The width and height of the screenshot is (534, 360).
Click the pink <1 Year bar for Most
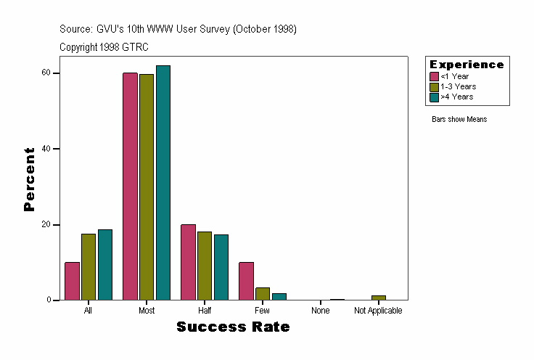[x=130, y=187]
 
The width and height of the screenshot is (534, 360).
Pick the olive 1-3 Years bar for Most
[x=147, y=187]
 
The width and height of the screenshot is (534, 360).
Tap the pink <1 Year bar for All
[x=72, y=281]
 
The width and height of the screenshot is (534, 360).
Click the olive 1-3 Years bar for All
[x=89, y=267]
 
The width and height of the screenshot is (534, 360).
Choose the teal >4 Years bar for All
[x=105, y=265]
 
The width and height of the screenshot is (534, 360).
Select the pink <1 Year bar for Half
[x=188, y=262]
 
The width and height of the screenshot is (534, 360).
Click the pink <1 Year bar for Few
[x=246, y=281]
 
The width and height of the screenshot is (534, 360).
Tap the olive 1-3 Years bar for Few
[x=263, y=294]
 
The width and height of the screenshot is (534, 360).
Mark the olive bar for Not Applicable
[x=379, y=298]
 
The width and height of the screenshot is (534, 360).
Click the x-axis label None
[x=321, y=311]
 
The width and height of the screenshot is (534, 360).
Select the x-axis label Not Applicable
[x=378, y=311]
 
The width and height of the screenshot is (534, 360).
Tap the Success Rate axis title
[x=233, y=327]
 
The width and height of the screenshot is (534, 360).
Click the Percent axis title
[x=29, y=179]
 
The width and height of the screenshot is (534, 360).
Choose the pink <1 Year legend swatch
[x=434, y=76]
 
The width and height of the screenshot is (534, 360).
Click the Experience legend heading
[x=467, y=65]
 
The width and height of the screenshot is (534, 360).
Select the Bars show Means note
[x=459, y=119]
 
